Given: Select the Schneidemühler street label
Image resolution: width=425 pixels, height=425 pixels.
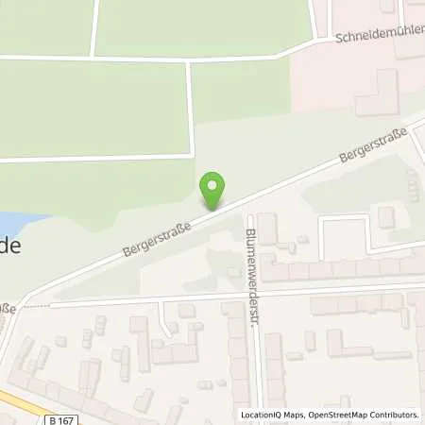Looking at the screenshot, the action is click(x=379, y=37).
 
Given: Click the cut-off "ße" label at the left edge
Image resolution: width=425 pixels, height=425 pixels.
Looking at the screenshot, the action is click(x=8, y=308).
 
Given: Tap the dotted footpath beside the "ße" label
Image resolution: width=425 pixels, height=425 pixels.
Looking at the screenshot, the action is click(x=36, y=306).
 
